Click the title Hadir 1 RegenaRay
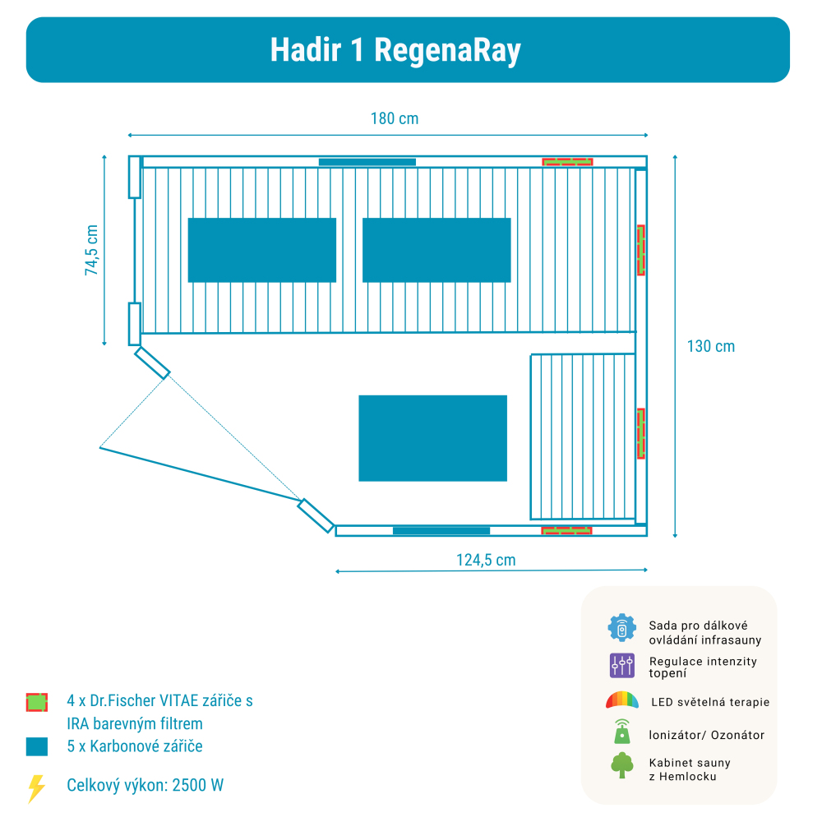(x=395, y=50)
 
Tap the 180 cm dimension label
(x=395, y=118)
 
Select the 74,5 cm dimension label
(x=92, y=250)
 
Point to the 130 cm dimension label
(x=711, y=346)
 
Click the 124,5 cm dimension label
(x=486, y=560)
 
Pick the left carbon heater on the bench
(x=262, y=250)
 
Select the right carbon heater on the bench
(x=436, y=250)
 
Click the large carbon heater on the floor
(x=432, y=438)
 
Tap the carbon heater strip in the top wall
(x=367, y=162)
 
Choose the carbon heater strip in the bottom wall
(x=441, y=531)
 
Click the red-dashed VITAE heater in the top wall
(x=567, y=161)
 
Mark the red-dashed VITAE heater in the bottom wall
(x=567, y=531)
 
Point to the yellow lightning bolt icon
(x=36, y=788)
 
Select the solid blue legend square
(x=36, y=746)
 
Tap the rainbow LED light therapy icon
(x=622, y=701)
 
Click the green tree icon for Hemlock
(x=622, y=765)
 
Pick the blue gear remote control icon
(x=622, y=628)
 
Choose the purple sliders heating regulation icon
(x=622, y=665)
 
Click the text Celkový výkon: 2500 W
(x=145, y=785)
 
